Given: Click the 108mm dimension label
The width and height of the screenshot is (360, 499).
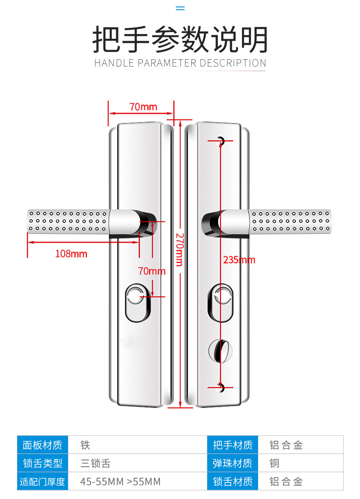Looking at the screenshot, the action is click(x=71, y=254).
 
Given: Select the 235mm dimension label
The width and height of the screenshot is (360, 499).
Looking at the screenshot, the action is click(x=239, y=260).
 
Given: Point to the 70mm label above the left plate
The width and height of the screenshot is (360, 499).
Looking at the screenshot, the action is click(x=143, y=107).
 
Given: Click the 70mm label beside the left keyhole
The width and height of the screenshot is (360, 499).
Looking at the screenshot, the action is click(x=152, y=271).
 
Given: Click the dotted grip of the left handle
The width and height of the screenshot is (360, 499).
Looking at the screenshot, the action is click(x=68, y=223).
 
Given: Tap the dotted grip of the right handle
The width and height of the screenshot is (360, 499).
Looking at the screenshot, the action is click(x=289, y=222).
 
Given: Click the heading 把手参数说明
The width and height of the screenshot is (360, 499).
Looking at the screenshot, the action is click(x=180, y=40).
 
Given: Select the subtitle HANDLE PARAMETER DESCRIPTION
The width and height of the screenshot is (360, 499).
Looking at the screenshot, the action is click(x=180, y=63).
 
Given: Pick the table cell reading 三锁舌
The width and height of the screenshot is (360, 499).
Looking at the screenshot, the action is click(x=95, y=463).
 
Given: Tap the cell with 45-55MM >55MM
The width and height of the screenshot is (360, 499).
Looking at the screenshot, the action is click(x=120, y=482).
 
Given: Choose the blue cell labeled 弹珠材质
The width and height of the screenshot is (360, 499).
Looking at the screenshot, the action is click(x=232, y=463).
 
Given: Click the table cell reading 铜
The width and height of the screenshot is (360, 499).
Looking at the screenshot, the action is click(x=274, y=463).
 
